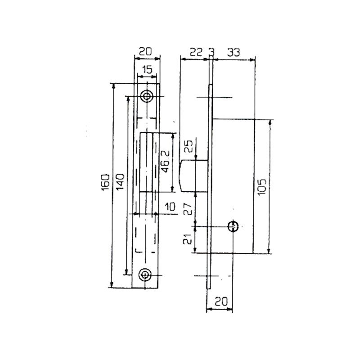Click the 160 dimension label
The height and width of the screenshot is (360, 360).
tap(105, 183)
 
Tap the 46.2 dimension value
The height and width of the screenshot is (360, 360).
tap(165, 161)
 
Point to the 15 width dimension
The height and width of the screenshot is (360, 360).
tap(147, 70)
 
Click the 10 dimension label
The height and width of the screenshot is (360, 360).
tap(170, 207)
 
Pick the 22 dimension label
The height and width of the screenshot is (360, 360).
tap(196, 52)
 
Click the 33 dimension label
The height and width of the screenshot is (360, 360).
tap(234, 52)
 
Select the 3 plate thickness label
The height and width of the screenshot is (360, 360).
tap(211, 52)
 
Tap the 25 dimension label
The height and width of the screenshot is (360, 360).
tap(189, 146)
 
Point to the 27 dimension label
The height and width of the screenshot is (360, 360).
tap(188, 208)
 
